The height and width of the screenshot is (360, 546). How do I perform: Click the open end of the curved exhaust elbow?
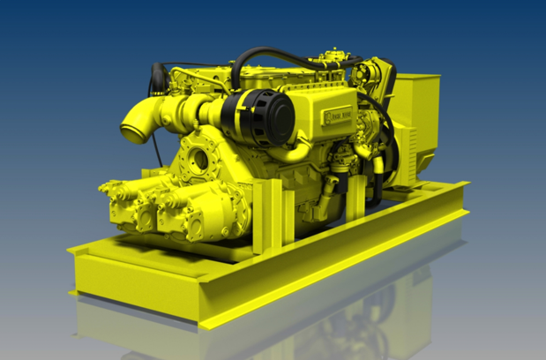(x=133, y=133)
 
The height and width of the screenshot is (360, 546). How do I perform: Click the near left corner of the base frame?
(x=78, y=257)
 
